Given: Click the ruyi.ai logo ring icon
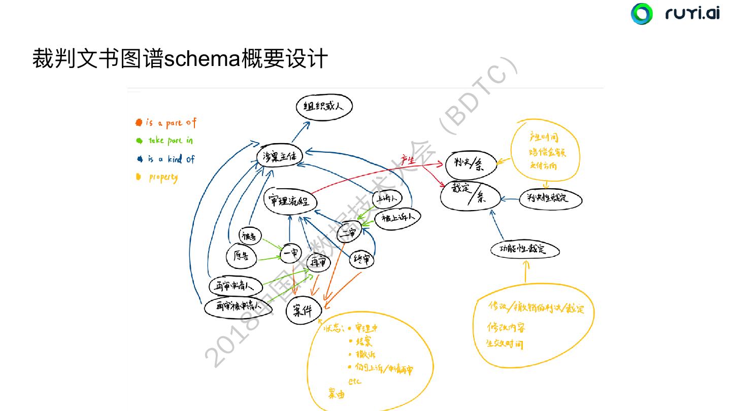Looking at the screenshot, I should click(x=642, y=14).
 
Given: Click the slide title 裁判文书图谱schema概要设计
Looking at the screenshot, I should click(x=180, y=59).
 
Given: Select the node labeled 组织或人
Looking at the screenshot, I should click(x=324, y=107).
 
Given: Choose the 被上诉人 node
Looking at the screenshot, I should click(x=398, y=217).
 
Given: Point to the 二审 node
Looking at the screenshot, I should click(x=348, y=232).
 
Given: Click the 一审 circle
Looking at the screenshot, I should click(x=290, y=253).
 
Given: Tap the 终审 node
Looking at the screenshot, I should click(x=362, y=260).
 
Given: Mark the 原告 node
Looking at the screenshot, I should click(x=241, y=256).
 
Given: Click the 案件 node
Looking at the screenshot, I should click(x=303, y=311).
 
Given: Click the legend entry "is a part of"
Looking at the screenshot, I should click(x=170, y=123).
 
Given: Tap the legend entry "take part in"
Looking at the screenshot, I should click(x=170, y=141).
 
